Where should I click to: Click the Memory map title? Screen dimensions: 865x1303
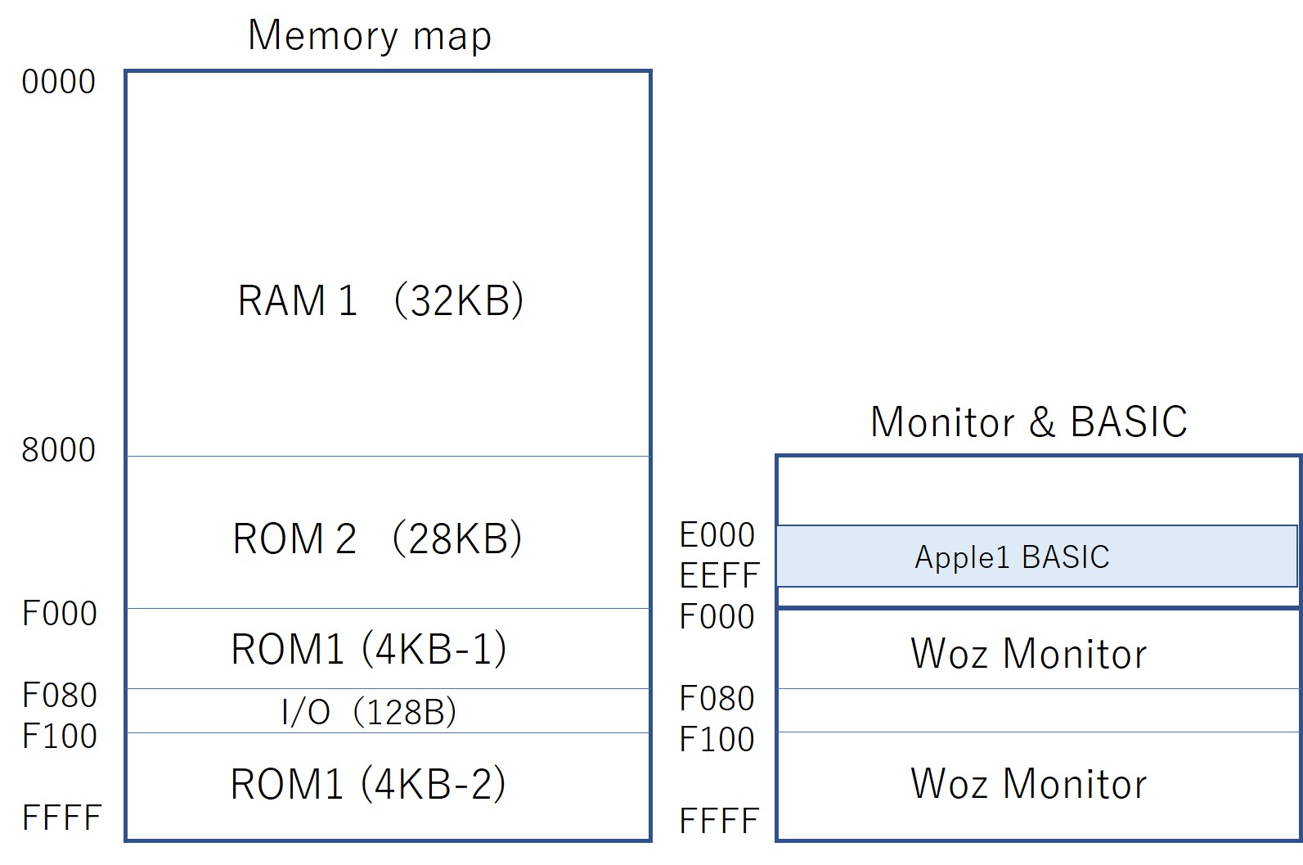point(370,36)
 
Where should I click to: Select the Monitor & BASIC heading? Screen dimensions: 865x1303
point(1028,422)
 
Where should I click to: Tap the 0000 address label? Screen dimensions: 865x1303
point(58,82)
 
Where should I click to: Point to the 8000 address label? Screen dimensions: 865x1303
point(58,450)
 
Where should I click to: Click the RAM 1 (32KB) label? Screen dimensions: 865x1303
point(380,300)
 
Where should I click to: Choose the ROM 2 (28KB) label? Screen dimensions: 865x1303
point(377,538)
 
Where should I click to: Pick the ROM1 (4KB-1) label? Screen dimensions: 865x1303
point(369,649)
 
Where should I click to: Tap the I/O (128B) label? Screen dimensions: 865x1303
point(369,712)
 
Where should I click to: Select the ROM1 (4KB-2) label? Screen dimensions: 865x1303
point(368,783)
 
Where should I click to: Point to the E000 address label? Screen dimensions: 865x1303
point(717,535)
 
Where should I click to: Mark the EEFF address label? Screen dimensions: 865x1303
point(719,575)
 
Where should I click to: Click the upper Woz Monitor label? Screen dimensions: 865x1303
point(1028,654)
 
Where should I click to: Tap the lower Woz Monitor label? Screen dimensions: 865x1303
point(1028,783)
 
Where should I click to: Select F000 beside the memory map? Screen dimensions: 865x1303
point(59,614)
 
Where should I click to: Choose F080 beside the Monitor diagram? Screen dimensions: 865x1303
point(717,699)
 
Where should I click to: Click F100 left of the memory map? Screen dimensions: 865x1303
point(59,737)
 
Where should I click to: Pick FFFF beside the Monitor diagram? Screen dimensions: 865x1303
point(718,821)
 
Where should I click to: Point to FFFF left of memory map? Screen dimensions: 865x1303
point(61,818)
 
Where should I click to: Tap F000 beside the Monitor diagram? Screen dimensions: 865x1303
point(717,617)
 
